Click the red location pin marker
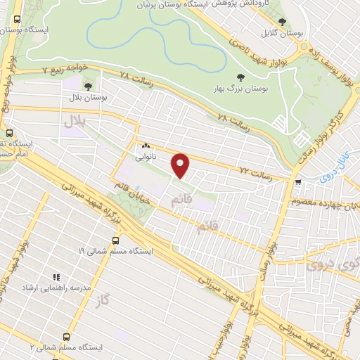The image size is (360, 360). tap(181, 165)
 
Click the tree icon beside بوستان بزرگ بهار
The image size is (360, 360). tap(240, 77)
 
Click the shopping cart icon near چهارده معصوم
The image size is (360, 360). tap(299, 183)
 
